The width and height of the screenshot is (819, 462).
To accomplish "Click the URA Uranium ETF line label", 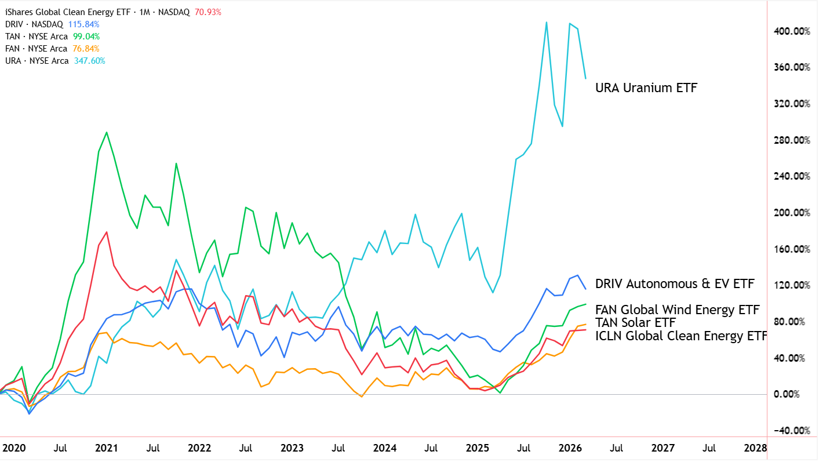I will tap(646, 88).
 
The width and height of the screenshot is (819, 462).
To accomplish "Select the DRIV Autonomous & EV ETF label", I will tap(675, 283).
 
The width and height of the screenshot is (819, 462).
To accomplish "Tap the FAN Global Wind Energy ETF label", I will tap(677, 310).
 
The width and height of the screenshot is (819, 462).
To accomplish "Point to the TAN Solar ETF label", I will tap(635, 322).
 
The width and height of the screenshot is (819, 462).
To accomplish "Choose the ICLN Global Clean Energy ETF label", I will tap(681, 336).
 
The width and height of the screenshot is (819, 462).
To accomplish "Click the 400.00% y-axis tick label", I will tap(793, 31).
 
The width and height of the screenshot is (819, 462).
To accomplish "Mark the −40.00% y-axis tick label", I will tap(792, 430).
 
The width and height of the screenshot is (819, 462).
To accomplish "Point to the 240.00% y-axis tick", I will tap(793, 176).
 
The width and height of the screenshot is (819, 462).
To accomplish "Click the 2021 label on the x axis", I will tap(106, 448).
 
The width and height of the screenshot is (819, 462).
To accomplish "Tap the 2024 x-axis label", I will tap(384, 448).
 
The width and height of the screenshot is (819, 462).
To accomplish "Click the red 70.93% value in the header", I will tap(208, 12).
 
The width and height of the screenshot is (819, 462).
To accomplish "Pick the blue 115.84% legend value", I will tap(83, 24).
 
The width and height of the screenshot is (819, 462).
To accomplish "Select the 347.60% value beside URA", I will tap(89, 61).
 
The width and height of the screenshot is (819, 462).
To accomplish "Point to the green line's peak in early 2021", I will tap(106, 132).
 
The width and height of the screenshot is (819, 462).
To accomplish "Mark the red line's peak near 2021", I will tap(107, 232).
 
